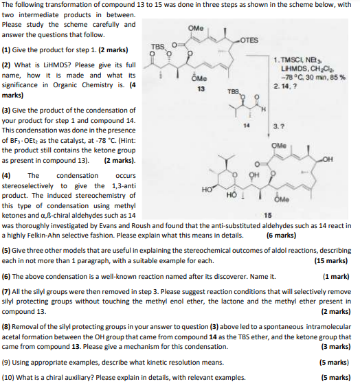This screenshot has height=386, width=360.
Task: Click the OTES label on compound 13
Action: tap(250, 40)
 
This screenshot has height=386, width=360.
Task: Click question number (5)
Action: tap(7, 251)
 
